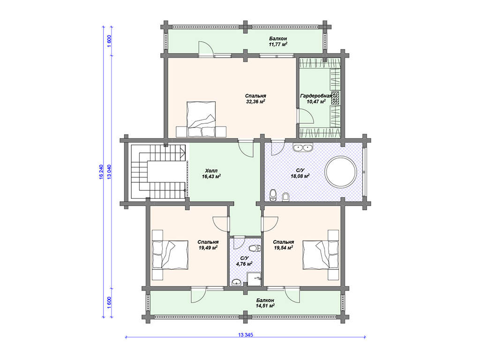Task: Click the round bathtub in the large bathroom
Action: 340,172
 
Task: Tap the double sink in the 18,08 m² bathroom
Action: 302,148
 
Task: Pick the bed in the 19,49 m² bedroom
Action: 170,255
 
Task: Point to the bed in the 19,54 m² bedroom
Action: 321,255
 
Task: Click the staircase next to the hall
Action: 158,172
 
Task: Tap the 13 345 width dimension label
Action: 246,335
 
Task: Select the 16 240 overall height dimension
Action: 101,172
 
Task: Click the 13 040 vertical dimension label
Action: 109,172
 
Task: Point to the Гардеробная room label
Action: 316,96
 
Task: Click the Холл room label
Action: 211,171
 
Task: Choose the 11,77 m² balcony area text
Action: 278,45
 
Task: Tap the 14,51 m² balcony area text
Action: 265,306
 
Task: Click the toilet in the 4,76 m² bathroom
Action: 254,248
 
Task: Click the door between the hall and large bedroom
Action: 246,149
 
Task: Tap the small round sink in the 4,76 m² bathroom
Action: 237,282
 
